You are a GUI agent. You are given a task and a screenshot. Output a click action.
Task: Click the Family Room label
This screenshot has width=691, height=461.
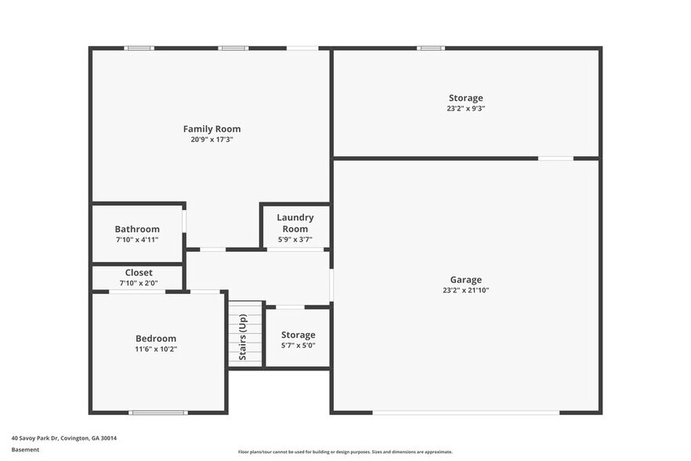[212, 129]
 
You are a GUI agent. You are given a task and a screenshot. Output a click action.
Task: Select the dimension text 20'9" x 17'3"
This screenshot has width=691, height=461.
[212, 140]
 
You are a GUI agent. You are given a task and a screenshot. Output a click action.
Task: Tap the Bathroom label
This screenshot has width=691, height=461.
[137, 229]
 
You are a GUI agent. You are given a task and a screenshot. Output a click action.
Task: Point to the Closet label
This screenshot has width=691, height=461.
[139, 273]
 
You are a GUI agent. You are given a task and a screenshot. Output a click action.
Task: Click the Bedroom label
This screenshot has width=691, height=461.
[156, 339]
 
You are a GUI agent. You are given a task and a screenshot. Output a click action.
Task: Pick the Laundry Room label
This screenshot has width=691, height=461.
[295, 223]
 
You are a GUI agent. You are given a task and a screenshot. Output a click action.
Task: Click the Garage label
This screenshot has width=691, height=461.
[465, 280]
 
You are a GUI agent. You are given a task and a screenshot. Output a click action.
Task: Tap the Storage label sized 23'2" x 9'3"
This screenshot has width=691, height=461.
[465, 98]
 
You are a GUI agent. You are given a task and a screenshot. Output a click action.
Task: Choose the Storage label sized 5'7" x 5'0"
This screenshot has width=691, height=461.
[298, 335]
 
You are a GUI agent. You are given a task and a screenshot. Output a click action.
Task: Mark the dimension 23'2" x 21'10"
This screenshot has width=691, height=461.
[465, 291]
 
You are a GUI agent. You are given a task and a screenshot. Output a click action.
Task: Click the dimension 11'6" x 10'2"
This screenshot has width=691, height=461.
[156, 350]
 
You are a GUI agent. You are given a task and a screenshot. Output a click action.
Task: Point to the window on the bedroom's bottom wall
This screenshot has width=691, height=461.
[157, 412]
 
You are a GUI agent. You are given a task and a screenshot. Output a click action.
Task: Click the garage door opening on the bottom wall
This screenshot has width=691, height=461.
[465, 412]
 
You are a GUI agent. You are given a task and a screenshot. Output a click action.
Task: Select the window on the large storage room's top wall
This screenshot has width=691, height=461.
[430, 49]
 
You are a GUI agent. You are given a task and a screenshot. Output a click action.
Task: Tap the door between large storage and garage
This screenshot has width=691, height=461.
[555, 158]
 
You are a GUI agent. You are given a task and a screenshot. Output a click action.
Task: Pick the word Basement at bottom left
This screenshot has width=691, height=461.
[25, 450]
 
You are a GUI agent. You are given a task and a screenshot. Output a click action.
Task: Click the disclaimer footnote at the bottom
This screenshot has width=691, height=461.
[345, 452]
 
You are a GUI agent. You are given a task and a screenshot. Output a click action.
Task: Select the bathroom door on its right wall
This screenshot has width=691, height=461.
[185, 221]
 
